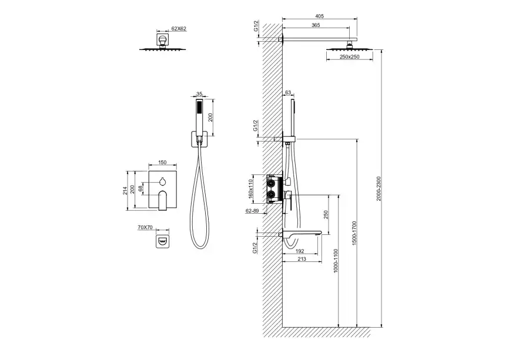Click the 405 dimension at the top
coord(319,16)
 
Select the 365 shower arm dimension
coord(316,25)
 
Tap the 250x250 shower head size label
coord(349,57)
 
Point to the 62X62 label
coord(179,29)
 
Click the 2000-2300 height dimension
coord(379,189)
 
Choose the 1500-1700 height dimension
coord(354,233)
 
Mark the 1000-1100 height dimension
coord(336,261)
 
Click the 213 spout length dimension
coord(302,259)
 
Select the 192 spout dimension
coord(300,251)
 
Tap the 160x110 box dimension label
coord(250,189)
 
